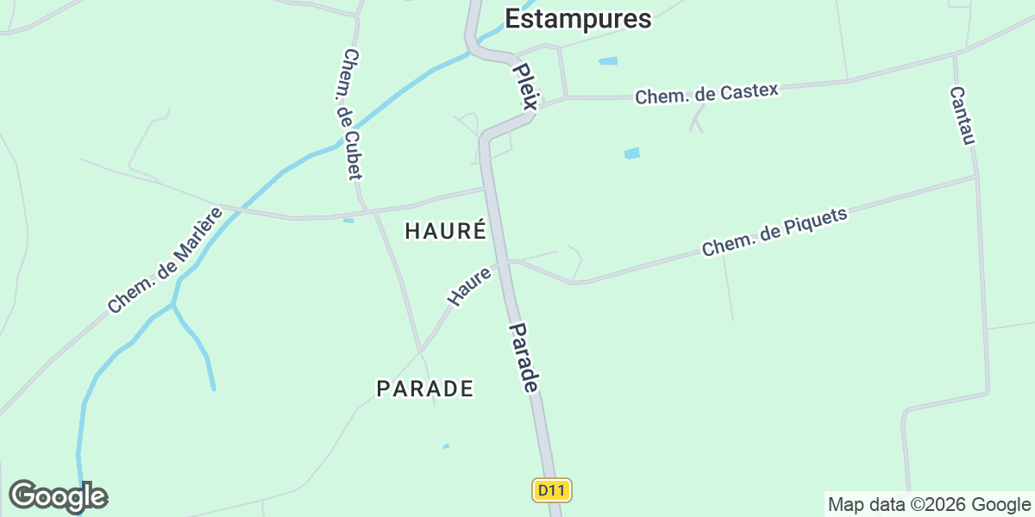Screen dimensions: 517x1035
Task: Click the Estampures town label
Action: tap(578, 19)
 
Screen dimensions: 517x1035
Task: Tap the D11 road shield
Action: tap(552, 491)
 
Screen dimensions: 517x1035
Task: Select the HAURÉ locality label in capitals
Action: tap(445, 231)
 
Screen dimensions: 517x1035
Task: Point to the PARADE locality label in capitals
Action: tap(425, 389)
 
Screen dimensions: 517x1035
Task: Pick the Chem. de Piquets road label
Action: tap(775, 232)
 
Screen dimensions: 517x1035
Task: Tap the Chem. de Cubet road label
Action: tap(351, 115)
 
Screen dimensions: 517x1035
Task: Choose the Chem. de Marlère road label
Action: tap(165, 259)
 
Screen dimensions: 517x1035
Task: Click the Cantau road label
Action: tap(962, 116)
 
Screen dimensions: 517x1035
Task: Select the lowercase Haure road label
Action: tap(469, 286)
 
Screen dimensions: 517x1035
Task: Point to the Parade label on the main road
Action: tap(524, 358)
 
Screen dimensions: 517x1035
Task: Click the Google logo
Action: tap(58, 496)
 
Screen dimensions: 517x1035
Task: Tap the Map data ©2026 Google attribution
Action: tap(929, 504)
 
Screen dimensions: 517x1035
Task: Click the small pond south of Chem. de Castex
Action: tap(632, 153)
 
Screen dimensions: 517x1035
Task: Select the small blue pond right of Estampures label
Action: tap(608, 61)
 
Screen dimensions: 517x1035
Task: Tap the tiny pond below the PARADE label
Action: tap(446, 445)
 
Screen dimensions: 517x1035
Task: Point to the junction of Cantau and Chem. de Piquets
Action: tap(976, 177)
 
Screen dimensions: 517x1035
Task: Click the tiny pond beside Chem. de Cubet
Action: tap(348, 221)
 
